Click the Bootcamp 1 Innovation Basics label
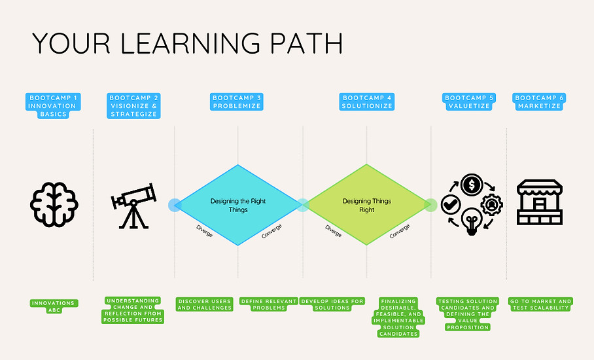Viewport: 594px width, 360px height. point(54,106)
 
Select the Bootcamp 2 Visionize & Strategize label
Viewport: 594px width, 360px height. point(134,106)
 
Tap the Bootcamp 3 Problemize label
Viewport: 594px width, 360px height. point(237,102)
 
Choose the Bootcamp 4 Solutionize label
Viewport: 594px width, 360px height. point(367,102)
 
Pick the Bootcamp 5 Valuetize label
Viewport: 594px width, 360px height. point(469,102)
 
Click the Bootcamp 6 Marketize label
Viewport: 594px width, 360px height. point(540,102)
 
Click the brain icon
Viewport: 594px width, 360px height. point(54,205)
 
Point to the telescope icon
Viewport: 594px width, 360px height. point(133,205)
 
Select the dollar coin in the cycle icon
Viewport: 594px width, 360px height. point(471,185)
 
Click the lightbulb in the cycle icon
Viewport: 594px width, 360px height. point(471,221)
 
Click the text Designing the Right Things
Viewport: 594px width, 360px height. point(237,205)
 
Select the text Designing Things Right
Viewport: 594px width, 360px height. point(367,205)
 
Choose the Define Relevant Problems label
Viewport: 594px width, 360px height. point(269,304)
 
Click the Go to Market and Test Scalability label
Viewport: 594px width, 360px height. point(540,304)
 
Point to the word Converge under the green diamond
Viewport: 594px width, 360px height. point(400,231)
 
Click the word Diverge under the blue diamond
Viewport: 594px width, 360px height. point(205,231)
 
